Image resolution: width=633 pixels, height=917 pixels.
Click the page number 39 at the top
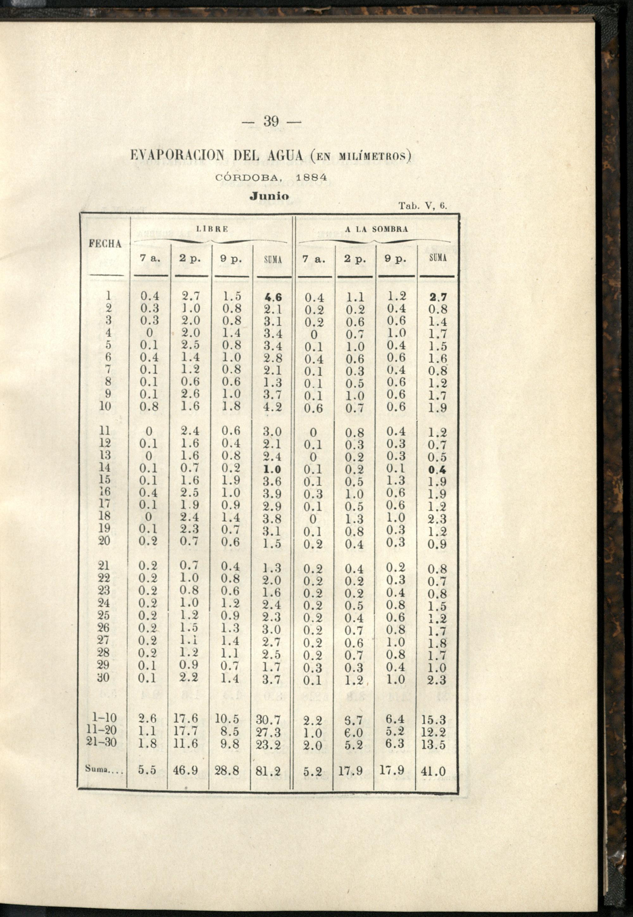[x=271, y=121]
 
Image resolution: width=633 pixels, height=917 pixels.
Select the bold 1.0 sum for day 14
[x=273, y=469]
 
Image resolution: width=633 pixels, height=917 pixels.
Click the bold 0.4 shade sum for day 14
[x=437, y=470]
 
